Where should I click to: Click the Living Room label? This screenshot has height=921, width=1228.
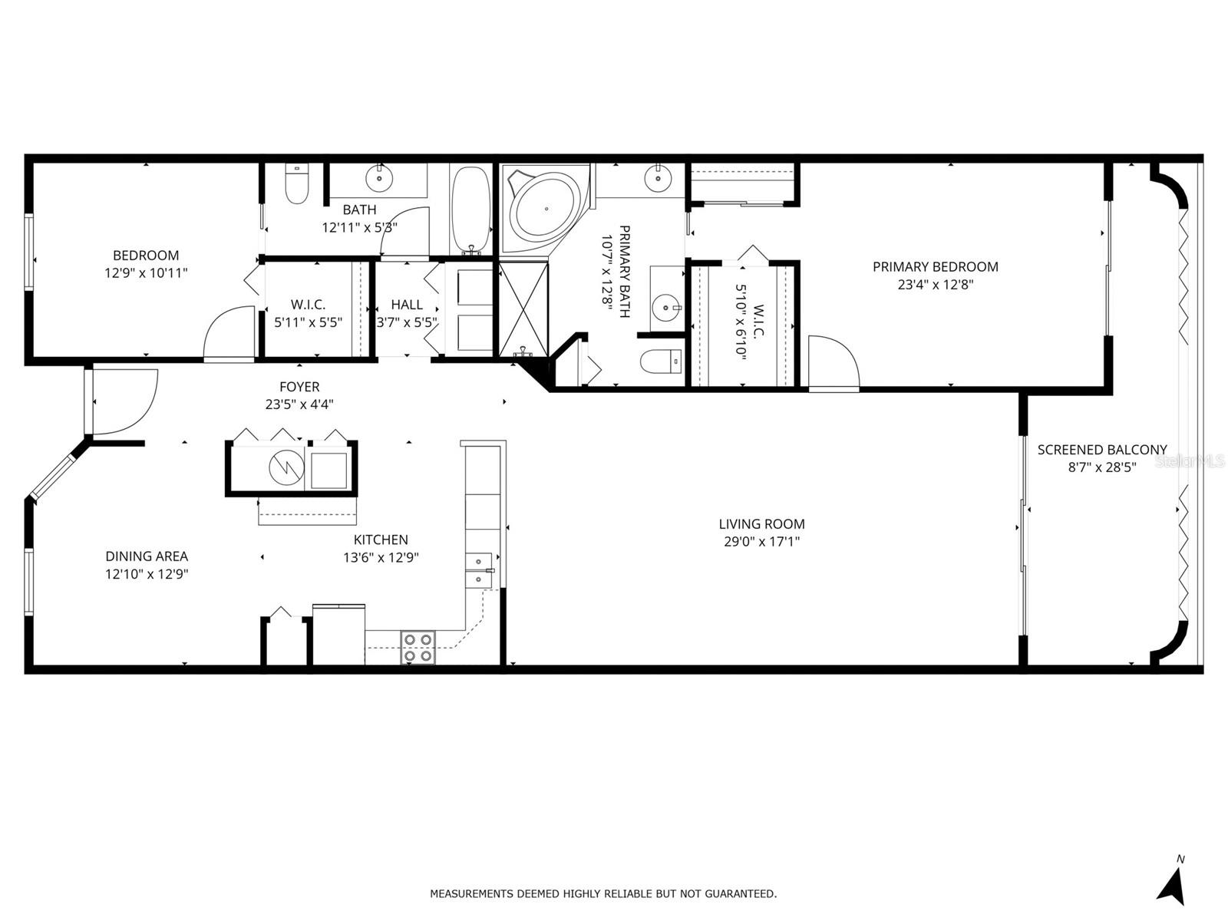click(761, 524)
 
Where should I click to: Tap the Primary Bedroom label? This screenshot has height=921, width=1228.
click(935, 267)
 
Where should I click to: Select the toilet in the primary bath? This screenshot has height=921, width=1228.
click(661, 361)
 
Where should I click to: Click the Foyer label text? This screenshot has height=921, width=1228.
click(299, 387)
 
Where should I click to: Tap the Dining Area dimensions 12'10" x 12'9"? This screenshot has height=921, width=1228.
click(147, 573)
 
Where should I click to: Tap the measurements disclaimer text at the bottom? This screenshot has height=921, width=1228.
click(602, 893)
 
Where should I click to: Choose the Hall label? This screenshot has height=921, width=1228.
click(407, 305)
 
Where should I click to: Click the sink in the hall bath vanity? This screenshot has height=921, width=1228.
click(378, 179)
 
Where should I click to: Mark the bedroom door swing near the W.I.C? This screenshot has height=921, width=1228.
click(229, 332)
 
